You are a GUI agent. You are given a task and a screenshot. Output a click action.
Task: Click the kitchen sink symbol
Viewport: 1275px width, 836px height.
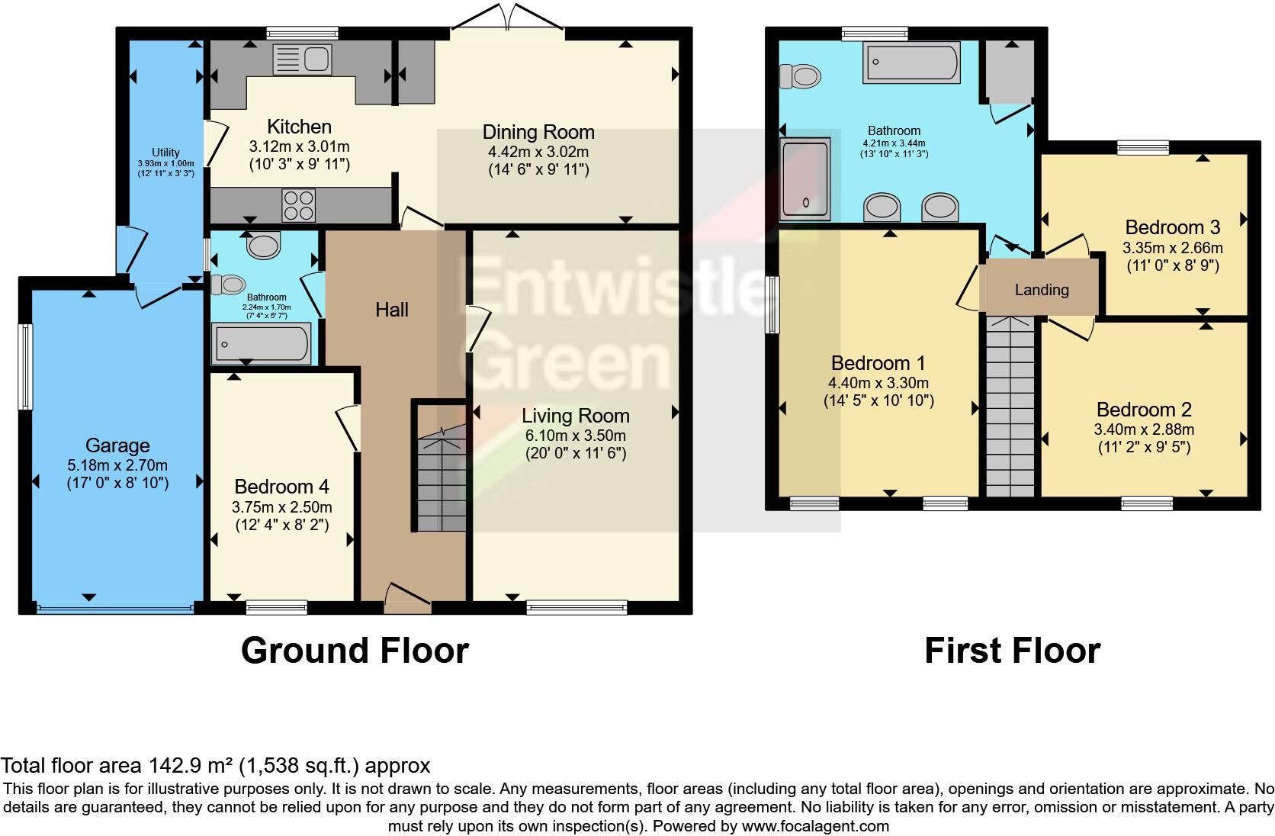coord(302,59)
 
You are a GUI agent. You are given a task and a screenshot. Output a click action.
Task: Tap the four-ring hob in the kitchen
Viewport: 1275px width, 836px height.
coord(299,204)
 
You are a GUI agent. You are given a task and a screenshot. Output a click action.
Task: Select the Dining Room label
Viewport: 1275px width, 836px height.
coord(538,132)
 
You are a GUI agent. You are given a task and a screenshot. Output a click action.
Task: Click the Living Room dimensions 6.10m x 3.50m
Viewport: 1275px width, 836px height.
coord(576,436)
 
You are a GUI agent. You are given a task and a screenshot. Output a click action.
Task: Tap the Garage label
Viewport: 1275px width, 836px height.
coord(117,445)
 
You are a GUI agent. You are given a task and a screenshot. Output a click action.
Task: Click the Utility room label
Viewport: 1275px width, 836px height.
coord(165,153)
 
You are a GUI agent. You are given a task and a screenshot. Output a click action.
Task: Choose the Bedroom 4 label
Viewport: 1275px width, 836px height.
coord(281,487)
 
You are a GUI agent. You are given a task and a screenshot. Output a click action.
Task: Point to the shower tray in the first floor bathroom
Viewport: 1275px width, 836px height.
coord(805,180)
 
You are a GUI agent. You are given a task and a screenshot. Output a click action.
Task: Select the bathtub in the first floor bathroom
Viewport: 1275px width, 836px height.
coord(911,62)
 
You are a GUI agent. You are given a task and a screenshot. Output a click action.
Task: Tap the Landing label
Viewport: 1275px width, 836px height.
coord(1041,290)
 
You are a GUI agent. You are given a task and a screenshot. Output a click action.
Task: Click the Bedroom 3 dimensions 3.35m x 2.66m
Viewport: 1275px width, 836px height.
coord(1172,247)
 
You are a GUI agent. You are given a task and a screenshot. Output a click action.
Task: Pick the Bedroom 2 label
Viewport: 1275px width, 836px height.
coord(1144,410)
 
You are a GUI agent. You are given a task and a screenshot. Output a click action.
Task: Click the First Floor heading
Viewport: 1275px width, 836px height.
coord(1012,651)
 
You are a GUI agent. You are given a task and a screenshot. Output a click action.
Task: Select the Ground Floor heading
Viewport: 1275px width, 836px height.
coord(355,651)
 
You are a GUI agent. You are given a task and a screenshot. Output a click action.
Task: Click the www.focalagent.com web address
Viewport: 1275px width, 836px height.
coord(815,825)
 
